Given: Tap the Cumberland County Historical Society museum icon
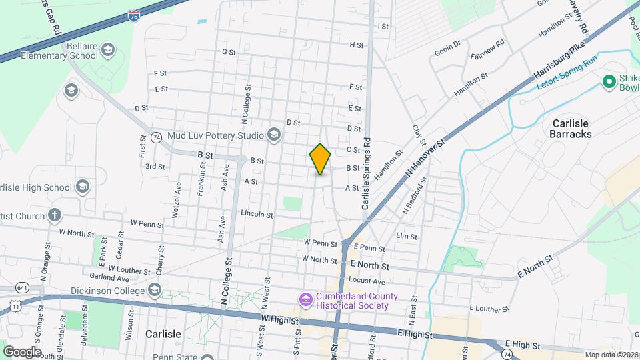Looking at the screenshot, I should pos(305,301).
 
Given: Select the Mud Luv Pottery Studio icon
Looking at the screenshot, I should pos(273,135).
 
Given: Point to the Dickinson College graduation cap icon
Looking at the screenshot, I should pos(155,290).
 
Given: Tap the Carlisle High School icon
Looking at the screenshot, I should pos(83,187).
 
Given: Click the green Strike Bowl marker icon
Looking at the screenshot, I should pos(608,82).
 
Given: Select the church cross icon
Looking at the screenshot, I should pos(55,215).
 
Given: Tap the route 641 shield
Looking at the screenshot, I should pos(23,287).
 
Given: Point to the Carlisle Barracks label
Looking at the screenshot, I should pos(571,128).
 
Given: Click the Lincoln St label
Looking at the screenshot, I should pos(257,215).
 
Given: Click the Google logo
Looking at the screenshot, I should pos(22,351).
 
